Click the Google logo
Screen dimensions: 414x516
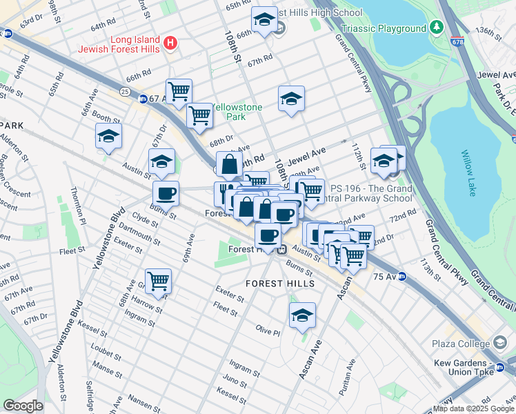pos(23,406)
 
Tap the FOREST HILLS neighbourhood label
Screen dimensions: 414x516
pos(281,284)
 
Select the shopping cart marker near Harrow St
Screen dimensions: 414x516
pos(159,282)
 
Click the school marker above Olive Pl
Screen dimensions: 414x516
pos(301,315)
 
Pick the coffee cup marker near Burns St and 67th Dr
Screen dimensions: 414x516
pos(166,194)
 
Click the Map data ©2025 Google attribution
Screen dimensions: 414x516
pos(473,408)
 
